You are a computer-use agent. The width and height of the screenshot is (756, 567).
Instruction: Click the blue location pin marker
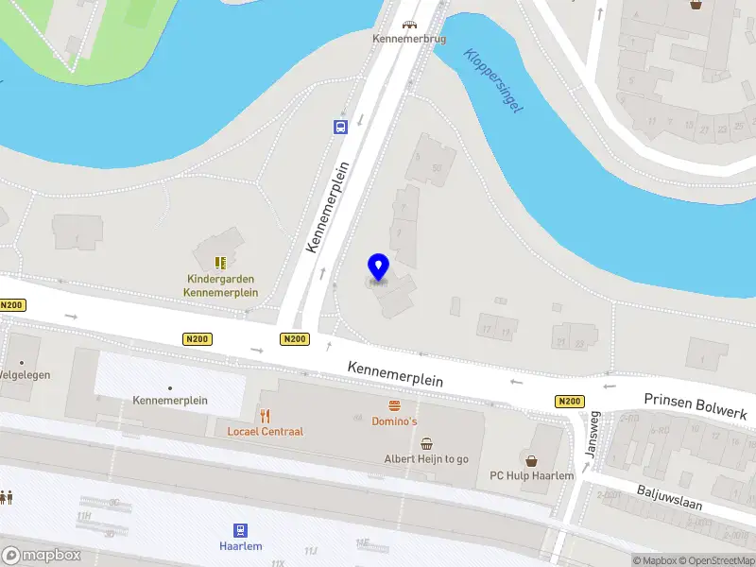[x=378, y=268]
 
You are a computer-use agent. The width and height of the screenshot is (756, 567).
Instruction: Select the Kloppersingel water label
[x=493, y=80]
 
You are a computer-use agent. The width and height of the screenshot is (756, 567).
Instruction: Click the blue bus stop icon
[x=339, y=127]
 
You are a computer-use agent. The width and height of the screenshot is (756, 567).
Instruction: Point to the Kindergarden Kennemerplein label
[x=221, y=285]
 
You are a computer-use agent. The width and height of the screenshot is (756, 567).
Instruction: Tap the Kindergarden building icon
[x=221, y=262]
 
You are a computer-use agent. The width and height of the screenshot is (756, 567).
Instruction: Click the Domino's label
[x=394, y=421]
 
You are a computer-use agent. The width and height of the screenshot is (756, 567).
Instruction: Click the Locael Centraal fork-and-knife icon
[x=266, y=415]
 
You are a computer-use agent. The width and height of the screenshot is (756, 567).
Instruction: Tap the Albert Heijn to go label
[x=426, y=459]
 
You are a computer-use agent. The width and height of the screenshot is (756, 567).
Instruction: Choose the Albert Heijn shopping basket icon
[x=427, y=442]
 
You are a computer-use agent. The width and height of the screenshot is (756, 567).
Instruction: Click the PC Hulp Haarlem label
[x=531, y=475]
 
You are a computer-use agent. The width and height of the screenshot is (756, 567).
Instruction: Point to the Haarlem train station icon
[x=241, y=530]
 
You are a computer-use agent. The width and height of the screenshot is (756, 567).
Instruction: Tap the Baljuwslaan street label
[x=669, y=497]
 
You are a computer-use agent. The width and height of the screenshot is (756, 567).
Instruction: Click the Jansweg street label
[x=592, y=435]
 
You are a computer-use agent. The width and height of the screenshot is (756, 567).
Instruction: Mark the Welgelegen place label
[x=25, y=375]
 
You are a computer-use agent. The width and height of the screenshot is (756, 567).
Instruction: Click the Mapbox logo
[x=42, y=556]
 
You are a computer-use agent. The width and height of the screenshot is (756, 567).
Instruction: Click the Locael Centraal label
[x=266, y=432]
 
